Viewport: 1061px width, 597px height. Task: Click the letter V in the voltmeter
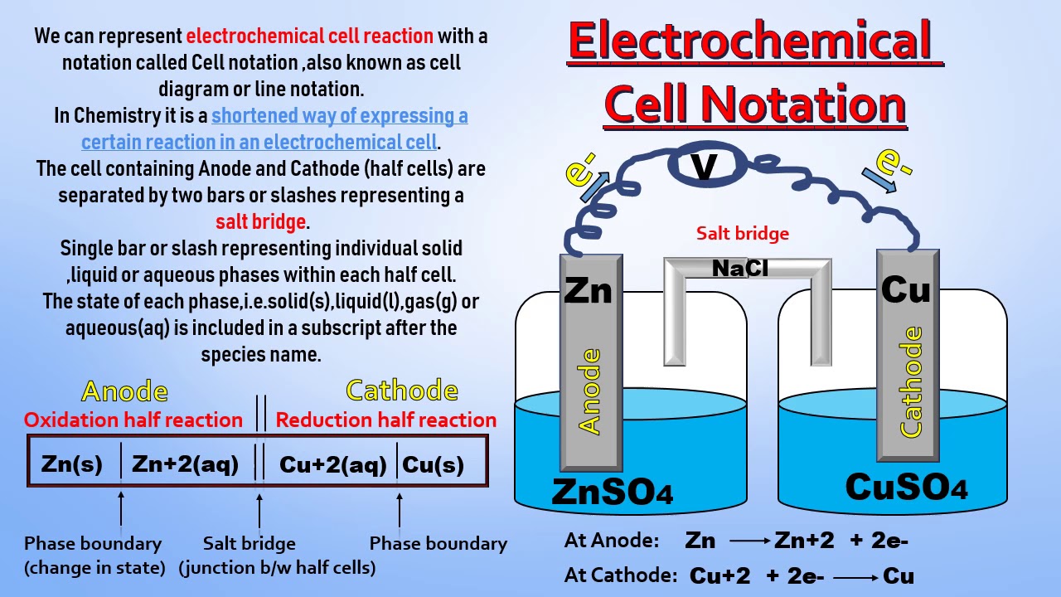pos(704,167)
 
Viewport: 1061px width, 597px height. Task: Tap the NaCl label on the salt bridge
pos(740,268)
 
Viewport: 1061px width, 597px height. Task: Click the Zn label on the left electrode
pos(588,291)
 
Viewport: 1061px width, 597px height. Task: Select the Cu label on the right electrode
pos(906,290)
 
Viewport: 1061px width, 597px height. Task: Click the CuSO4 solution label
pos(906,487)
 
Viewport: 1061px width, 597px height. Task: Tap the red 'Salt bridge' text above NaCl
pos(742,234)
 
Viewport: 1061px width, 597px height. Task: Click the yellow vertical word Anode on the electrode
pos(590,391)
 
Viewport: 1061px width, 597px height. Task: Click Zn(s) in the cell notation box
pos(72,464)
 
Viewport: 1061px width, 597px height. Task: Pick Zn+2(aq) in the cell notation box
pos(185,464)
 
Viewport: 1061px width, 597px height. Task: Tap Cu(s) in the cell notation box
pos(433,464)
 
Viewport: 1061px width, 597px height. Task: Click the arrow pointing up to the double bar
pos(259,511)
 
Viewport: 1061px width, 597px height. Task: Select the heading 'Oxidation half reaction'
pos(133,420)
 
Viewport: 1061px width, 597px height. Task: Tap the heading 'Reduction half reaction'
pos(385,420)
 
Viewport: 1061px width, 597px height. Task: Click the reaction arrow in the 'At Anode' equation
pos(749,541)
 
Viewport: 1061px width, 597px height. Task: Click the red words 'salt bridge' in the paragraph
pos(260,222)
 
